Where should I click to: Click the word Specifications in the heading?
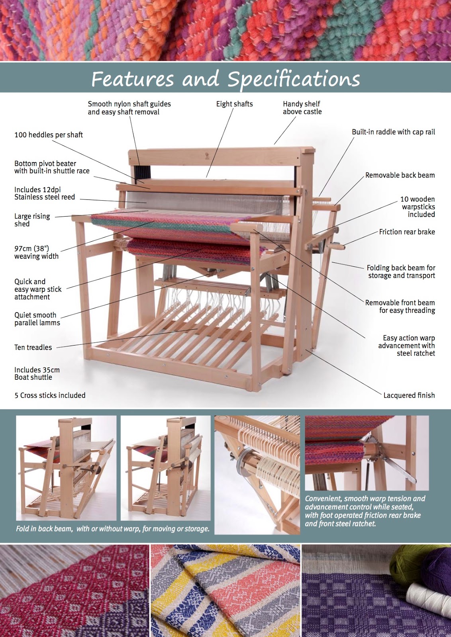tap(294, 79)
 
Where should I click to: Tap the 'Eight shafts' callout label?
tap(234, 104)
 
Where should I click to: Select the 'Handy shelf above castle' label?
tap(302, 108)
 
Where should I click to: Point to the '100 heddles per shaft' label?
tap(49, 135)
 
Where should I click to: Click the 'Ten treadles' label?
tap(33, 348)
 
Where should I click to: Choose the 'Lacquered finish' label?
tap(409, 395)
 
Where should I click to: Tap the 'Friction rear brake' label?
tap(407, 232)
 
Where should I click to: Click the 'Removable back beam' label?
tap(400, 175)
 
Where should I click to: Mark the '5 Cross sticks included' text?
tap(50, 395)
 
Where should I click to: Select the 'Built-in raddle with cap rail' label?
tap(393, 132)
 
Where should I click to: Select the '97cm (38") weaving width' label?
tap(36, 252)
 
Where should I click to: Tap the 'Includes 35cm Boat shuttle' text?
tap(37, 373)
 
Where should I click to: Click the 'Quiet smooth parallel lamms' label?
tap(37, 319)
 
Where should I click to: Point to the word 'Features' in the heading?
tap(133, 79)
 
